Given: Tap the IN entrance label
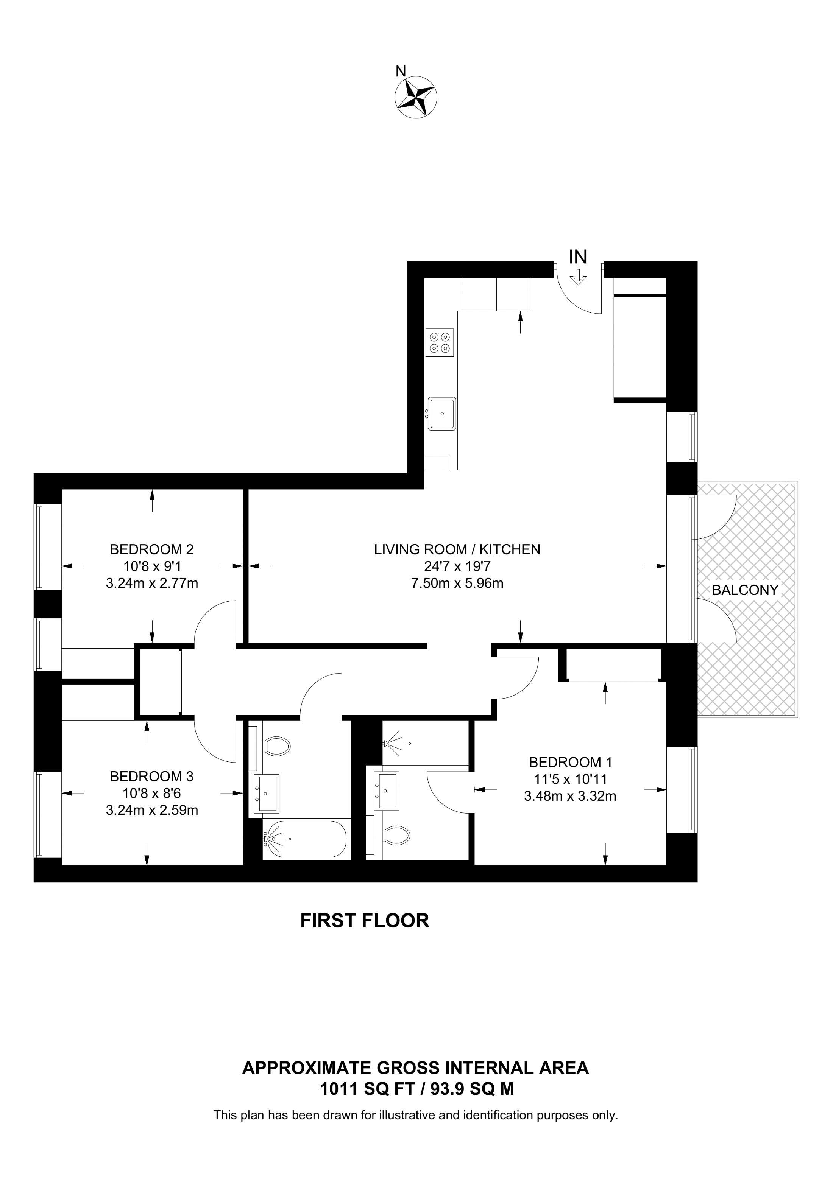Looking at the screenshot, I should [578, 257].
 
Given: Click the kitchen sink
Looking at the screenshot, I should [442, 414].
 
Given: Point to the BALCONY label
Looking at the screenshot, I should [745, 590].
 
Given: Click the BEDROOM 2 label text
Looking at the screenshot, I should [151, 549].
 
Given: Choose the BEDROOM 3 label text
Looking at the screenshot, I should [151, 776].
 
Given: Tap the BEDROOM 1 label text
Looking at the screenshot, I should [570, 762].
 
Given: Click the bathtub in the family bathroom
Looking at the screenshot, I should [305, 839].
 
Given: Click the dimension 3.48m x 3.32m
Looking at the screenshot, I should [570, 796].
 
